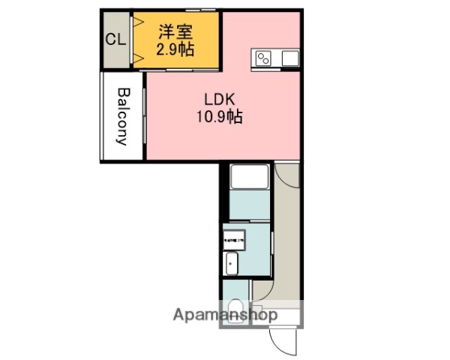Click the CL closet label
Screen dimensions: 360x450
click(115, 40)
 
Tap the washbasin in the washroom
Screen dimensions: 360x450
click(232, 263)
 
